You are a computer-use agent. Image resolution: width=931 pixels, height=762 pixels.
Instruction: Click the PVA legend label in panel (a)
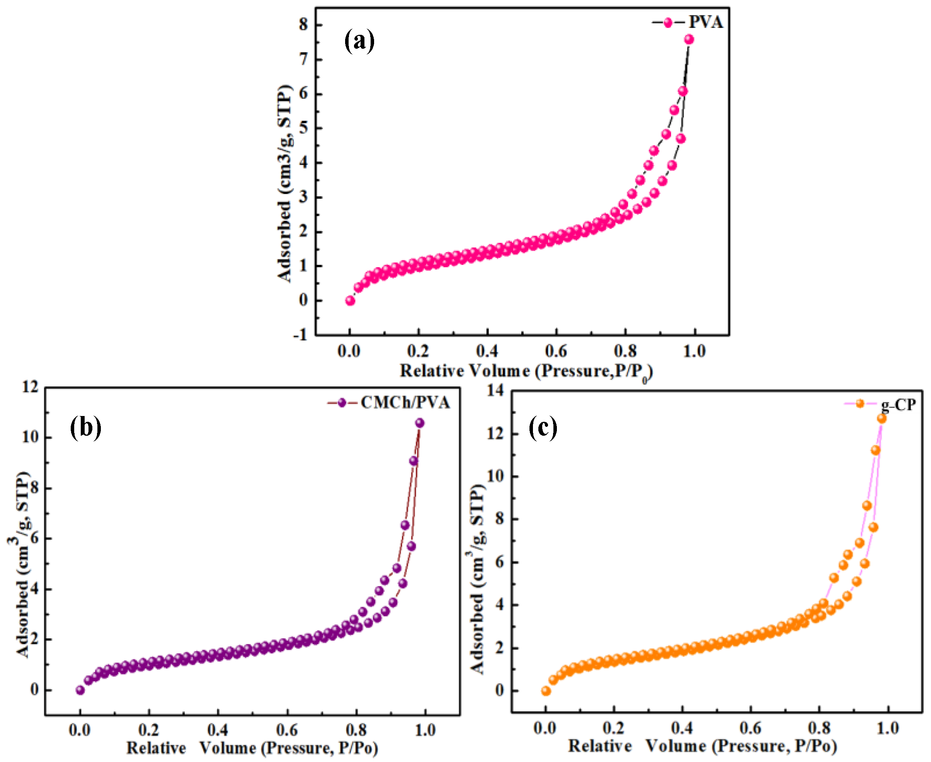pos(705,22)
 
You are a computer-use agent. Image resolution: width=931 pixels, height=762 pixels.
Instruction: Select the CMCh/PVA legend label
pos(405,402)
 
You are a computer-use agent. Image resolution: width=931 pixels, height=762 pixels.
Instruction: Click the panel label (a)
pos(359,41)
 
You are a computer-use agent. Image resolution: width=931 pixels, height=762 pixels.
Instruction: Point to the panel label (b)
pos(85,428)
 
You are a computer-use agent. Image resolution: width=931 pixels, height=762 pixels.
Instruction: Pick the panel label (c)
pos(543,428)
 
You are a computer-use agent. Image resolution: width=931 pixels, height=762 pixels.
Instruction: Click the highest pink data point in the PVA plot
pos(689,39)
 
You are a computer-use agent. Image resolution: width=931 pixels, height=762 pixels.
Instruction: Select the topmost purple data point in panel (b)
pos(420,423)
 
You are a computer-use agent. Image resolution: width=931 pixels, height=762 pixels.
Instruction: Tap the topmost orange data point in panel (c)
pos(882,419)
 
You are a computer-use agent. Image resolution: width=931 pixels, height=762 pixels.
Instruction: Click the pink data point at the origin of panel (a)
pos(350,301)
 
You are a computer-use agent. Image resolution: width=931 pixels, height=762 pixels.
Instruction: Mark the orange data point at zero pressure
pos(546,691)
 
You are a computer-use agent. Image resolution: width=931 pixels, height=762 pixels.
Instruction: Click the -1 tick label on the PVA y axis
pos(301,335)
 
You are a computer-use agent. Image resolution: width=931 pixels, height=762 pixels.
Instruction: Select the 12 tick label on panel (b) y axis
pos(30,387)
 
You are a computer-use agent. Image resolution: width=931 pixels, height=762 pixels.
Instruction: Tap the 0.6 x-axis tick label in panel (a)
pos(556,351)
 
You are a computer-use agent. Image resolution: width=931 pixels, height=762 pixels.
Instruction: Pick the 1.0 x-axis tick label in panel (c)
pos(888,729)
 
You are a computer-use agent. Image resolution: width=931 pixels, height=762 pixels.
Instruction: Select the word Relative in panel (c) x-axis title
pos(600,746)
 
